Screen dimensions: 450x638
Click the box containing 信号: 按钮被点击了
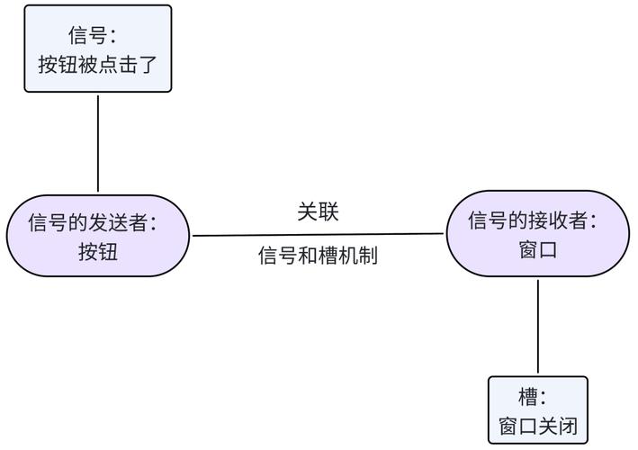click(x=97, y=49)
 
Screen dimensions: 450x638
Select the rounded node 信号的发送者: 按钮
click(x=98, y=236)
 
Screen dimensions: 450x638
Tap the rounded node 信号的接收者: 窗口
click(x=538, y=233)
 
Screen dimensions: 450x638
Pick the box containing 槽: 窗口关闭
click(x=537, y=410)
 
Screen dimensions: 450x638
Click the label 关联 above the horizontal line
click(x=318, y=211)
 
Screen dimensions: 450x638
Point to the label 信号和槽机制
click(x=318, y=256)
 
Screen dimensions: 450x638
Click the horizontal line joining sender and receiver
click(x=318, y=235)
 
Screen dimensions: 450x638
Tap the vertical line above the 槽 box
click(x=538, y=326)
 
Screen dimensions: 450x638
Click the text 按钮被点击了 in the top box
click(x=97, y=65)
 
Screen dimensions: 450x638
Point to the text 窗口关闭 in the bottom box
click(x=537, y=426)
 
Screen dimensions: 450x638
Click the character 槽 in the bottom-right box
click(x=529, y=397)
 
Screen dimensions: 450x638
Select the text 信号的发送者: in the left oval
click(x=93, y=221)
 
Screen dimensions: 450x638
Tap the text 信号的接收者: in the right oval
click(x=533, y=220)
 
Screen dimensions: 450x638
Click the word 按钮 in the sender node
click(x=98, y=252)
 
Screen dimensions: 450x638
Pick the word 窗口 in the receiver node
click(x=538, y=249)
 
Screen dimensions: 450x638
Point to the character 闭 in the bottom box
click(x=567, y=426)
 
